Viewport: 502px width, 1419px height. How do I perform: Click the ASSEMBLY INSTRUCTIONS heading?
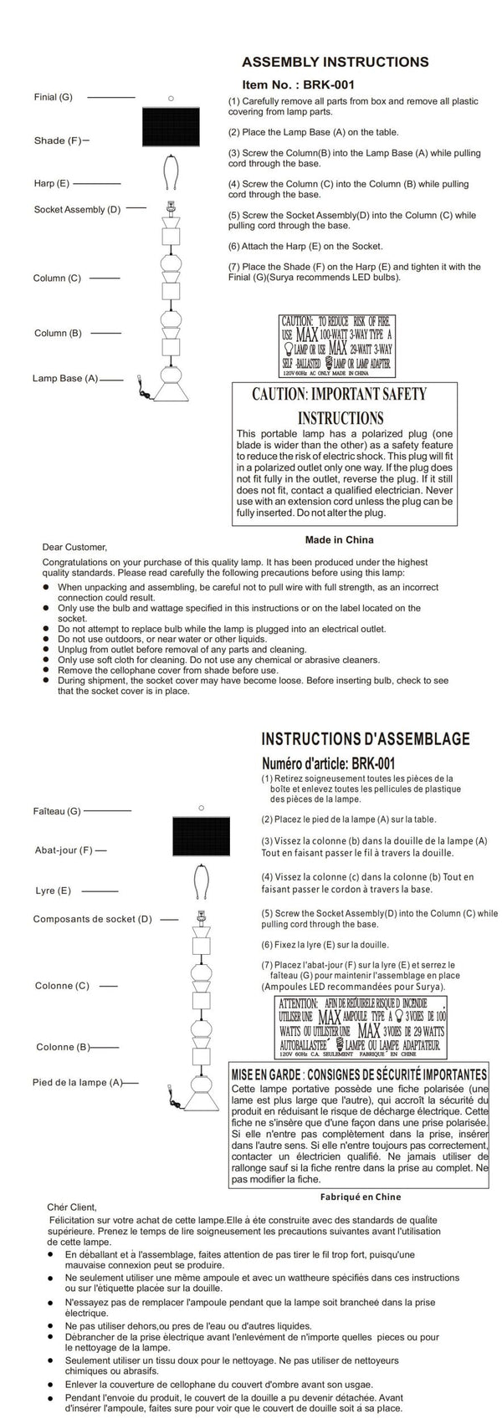pos(335,62)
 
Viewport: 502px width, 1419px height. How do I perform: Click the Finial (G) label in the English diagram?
pos(54,97)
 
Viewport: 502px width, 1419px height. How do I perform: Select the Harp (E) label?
pos(52,182)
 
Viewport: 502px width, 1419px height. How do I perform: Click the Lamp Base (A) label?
pos(65,379)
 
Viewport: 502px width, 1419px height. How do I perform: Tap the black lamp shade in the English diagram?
pos(171,128)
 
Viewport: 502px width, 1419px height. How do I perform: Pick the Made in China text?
pos(340,539)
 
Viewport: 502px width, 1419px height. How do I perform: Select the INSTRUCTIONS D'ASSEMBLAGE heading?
pos(366,739)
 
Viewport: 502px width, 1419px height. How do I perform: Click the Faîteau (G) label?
pos(57,811)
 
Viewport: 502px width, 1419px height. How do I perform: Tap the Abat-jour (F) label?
pos(63,850)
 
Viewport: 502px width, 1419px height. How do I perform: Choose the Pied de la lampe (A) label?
pos(77,1083)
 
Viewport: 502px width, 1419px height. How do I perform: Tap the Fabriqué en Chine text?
pos(361,1197)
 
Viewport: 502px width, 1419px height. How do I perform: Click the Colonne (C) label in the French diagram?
pos(62,986)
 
